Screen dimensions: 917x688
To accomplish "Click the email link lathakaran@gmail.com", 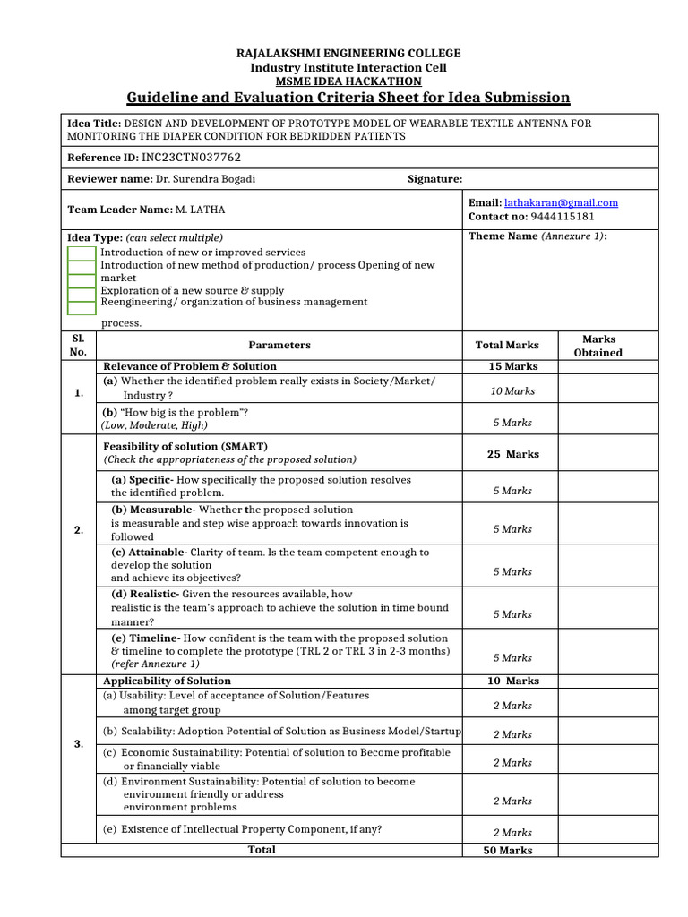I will point(561,203).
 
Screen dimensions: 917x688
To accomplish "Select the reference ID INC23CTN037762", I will point(192,157).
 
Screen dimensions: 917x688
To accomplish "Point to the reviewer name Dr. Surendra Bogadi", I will point(205,179).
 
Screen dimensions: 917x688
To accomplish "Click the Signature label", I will point(434,179).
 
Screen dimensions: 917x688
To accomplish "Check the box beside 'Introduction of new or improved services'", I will point(82,253).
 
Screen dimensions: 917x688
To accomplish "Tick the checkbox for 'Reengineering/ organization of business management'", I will point(82,307).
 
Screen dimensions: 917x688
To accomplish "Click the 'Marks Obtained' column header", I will point(598,346).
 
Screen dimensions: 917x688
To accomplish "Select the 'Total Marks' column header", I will point(507,346).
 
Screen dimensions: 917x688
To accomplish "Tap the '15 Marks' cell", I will point(512,366).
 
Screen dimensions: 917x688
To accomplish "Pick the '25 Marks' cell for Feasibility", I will point(512,454).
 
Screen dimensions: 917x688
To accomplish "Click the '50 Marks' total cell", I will point(507,850).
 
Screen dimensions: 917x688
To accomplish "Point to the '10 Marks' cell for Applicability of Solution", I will point(512,681).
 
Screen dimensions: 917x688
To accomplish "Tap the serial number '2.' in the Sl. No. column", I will point(79,530).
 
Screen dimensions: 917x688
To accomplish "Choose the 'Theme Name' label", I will point(503,236).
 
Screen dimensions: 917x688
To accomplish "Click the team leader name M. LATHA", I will point(201,210).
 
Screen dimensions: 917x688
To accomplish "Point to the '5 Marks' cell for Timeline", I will point(512,657).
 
